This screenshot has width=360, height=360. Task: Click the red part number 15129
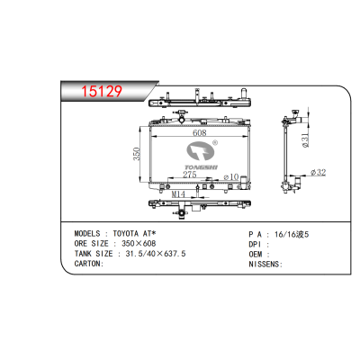(102, 91)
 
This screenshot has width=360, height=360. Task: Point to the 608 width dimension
(200, 132)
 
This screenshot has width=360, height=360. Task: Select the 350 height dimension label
(137, 154)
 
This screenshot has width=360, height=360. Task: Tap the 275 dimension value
(190, 175)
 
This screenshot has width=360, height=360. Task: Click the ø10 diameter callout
(231, 176)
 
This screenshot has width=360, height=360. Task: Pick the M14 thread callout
(178, 194)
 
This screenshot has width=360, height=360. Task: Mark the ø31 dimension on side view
(305, 140)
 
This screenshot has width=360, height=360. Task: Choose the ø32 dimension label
(319, 173)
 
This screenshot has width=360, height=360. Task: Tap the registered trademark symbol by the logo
(215, 142)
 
